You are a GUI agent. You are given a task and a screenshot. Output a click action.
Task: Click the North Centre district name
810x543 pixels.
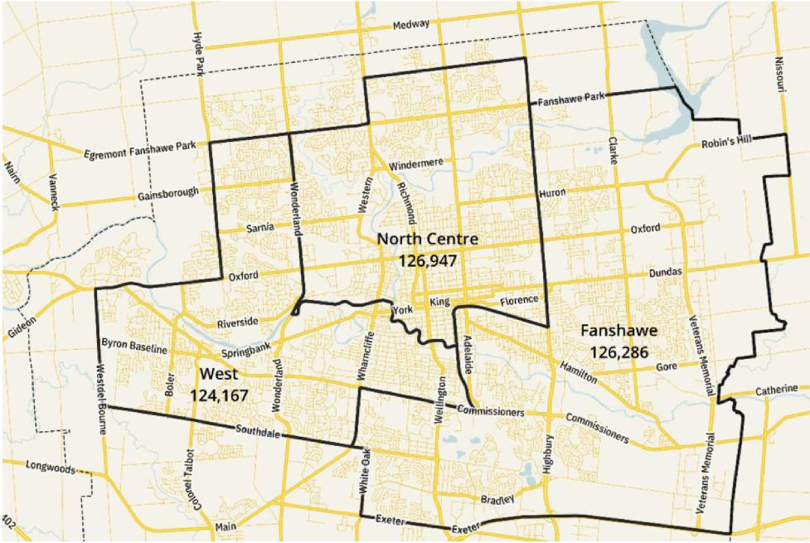point(428,239)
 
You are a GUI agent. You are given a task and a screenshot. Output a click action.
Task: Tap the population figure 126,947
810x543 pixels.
point(428,259)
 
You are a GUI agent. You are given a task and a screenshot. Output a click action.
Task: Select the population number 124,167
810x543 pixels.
point(219,395)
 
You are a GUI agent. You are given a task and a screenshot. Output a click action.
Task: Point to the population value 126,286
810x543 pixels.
point(619,351)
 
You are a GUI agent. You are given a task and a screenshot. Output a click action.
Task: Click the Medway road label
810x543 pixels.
point(411,25)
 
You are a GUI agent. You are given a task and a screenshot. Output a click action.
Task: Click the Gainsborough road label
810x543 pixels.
point(169,194)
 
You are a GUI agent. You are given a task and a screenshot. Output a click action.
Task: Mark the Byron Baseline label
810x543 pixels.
point(133,346)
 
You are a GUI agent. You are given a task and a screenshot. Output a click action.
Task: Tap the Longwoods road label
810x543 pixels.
point(51,468)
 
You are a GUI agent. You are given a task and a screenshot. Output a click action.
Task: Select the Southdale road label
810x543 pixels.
point(259,430)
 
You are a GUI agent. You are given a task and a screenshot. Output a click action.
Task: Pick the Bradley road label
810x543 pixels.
point(497,499)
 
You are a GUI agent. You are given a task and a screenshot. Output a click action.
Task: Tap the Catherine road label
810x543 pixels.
point(776,390)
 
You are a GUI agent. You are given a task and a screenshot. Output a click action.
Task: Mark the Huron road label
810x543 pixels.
point(551,194)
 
